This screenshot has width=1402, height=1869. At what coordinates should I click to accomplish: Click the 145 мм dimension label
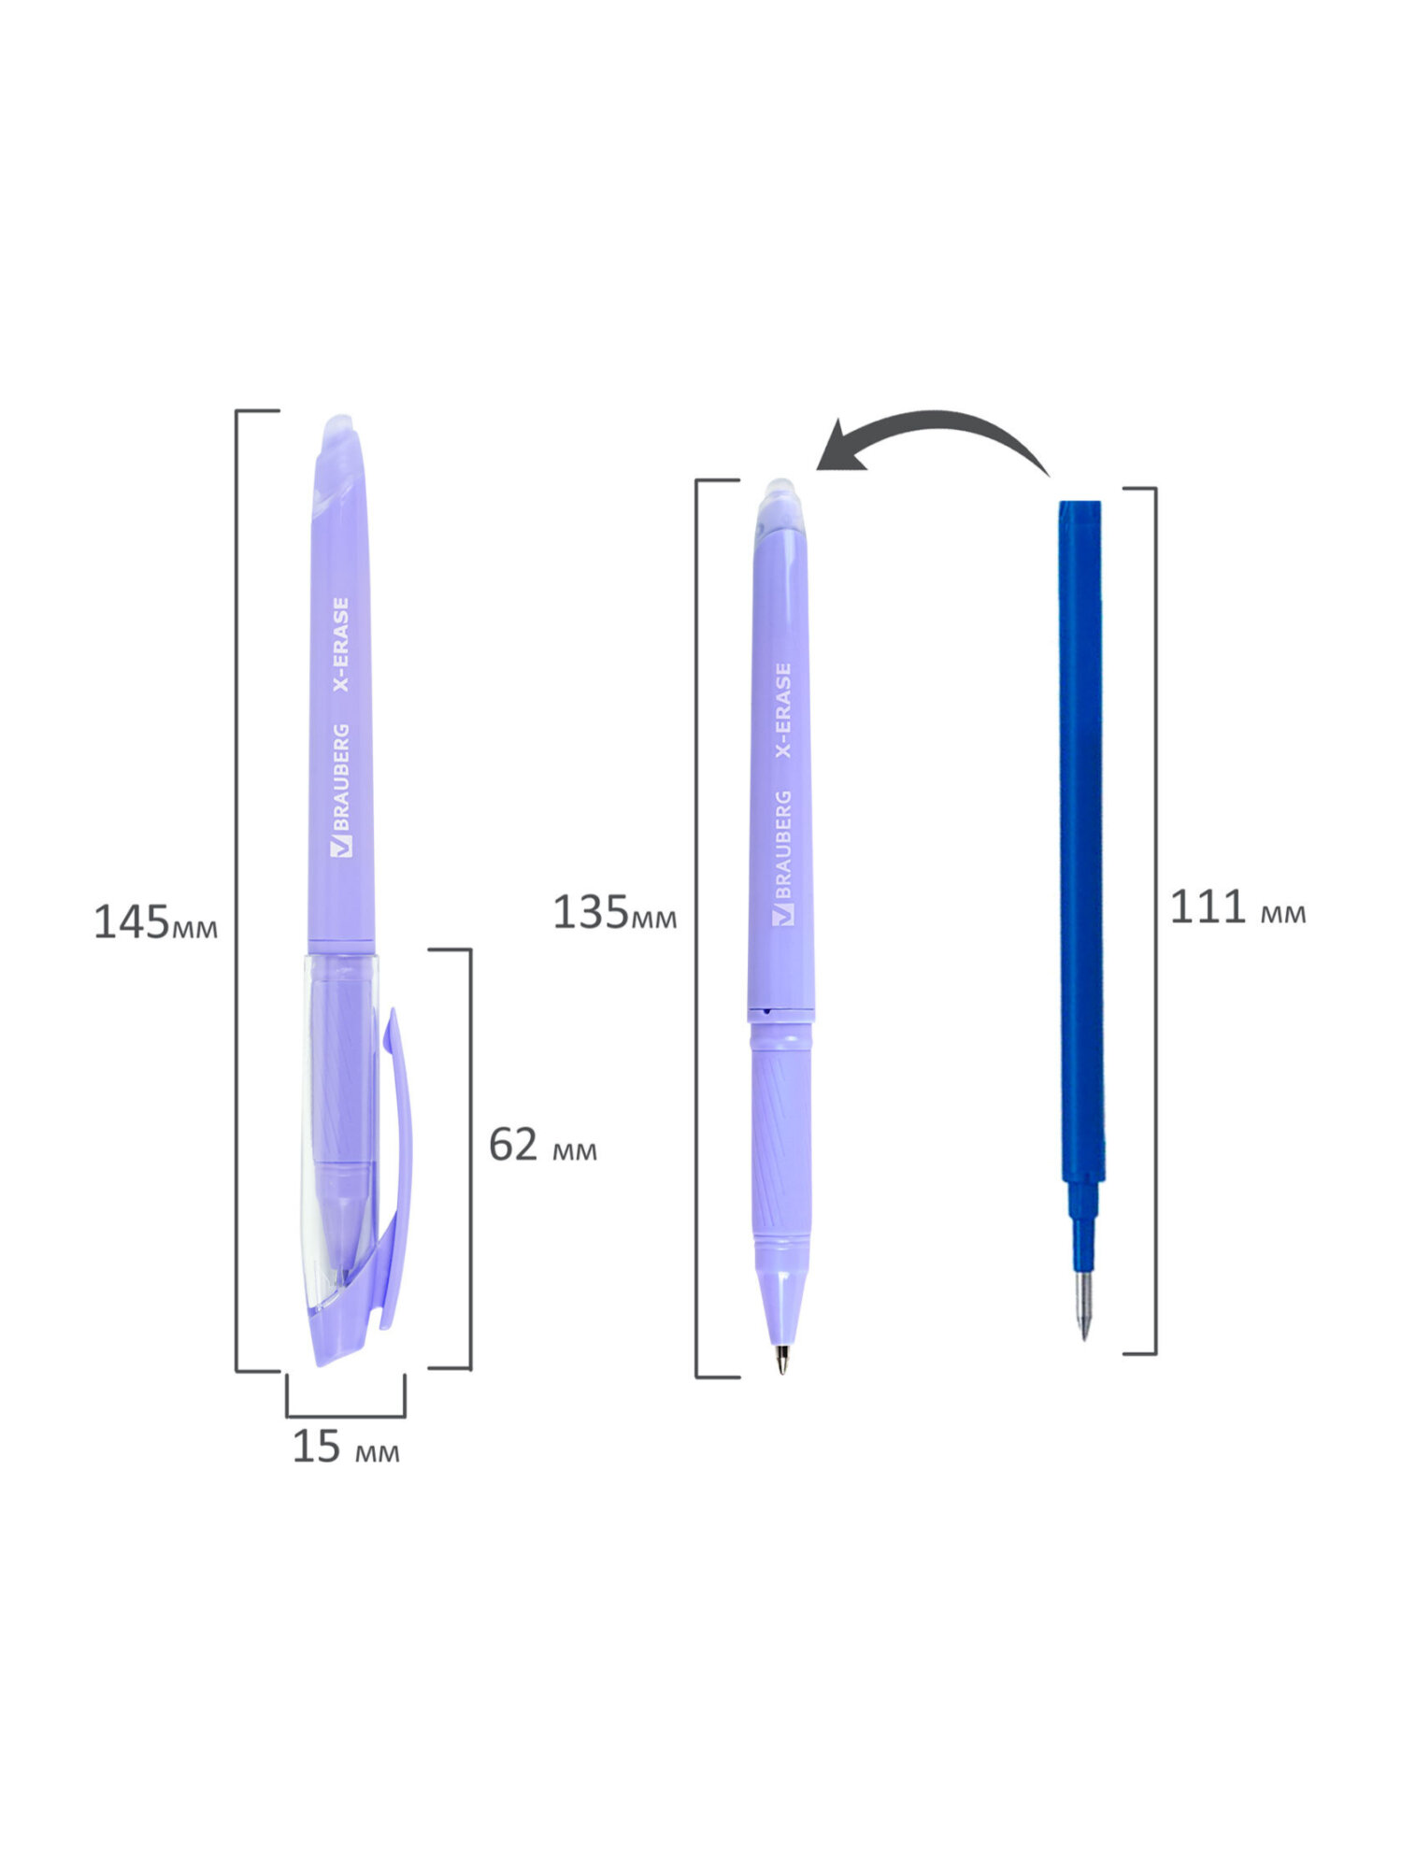(155, 922)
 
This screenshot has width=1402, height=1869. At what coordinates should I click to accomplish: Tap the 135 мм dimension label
(614, 912)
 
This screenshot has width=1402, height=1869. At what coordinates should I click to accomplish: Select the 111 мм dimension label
(1237, 907)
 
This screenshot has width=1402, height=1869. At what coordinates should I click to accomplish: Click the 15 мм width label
(346, 1447)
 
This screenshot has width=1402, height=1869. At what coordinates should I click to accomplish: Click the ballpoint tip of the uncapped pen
(781, 1360)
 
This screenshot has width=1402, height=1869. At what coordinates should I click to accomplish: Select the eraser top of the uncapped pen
(780, 497)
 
